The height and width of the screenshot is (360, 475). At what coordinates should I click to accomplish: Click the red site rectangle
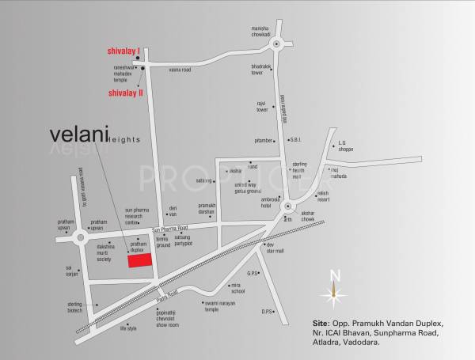(x=139, y=262)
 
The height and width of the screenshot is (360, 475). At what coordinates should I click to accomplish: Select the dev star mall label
(x=275, y=248)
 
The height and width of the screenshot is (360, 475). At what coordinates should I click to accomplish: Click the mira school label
(x=237, y=288)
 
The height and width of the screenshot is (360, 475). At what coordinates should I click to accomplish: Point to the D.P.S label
(x=268, y=311)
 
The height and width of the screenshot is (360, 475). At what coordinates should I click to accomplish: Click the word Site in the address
(x=320, y=324)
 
